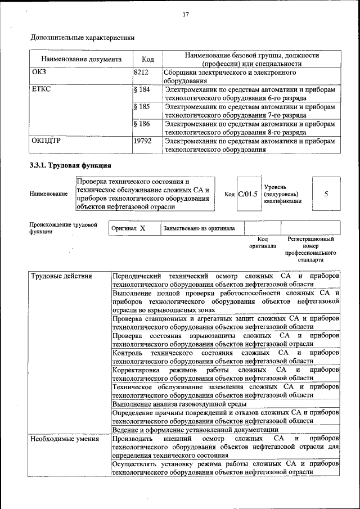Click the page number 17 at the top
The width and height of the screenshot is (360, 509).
tap(185, 15)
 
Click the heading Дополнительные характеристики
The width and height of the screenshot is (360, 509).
tap(82, 38)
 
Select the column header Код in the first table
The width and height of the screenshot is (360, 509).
tap(148, 59)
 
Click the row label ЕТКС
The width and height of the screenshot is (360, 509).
tap(40, 89)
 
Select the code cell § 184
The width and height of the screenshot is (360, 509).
tap(142, 89)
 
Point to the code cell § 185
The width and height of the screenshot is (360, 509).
tap(142, 106)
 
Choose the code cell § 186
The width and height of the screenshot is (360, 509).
tap(142, 123)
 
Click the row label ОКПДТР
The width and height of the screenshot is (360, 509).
tap(46, 141)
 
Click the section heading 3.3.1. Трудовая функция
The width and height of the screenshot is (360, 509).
tap(70, 165)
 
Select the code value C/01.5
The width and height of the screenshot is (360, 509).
tap(247, 194)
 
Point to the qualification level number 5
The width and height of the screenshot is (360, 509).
tap(326, 193)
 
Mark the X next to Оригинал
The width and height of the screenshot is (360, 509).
tap(143, 228)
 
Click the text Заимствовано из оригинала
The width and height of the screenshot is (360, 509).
tap(199, 229)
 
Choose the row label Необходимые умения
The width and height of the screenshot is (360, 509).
tap(64, 438)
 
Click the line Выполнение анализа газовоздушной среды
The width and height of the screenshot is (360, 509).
tap(179, 404)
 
